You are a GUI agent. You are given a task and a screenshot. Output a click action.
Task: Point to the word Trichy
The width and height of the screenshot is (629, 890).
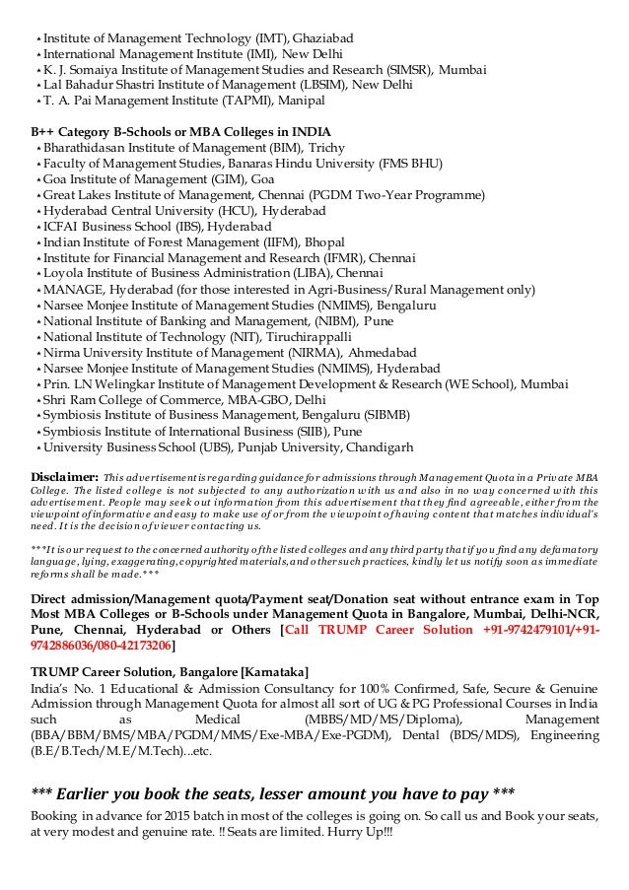pos(326,148)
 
